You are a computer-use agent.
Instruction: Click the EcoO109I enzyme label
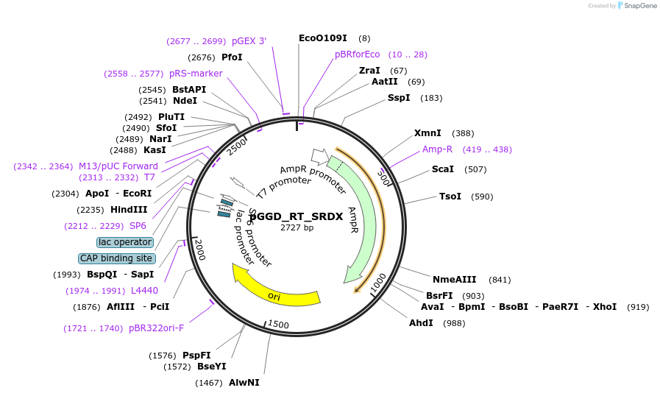tap(323, 38)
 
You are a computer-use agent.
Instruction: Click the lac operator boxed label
tap(125, 242)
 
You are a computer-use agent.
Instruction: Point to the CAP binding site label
tap(116, 258)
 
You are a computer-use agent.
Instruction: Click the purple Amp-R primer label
tap(438, 149)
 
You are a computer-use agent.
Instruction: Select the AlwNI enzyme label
tap(244, 383)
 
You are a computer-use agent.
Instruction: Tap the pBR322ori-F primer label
tap(156, 328)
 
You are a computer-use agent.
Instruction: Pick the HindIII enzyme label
tap(129, 210)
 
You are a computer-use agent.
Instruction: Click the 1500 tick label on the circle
tap(279, 324)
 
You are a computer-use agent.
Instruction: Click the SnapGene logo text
tap(637, 6)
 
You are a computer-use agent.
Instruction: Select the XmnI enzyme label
tap(427, 133)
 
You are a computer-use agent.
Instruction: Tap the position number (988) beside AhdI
tap(454, 323)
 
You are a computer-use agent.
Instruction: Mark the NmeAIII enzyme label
tap(454, 280)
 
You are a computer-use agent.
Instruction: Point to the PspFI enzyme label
tap(196, 356)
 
